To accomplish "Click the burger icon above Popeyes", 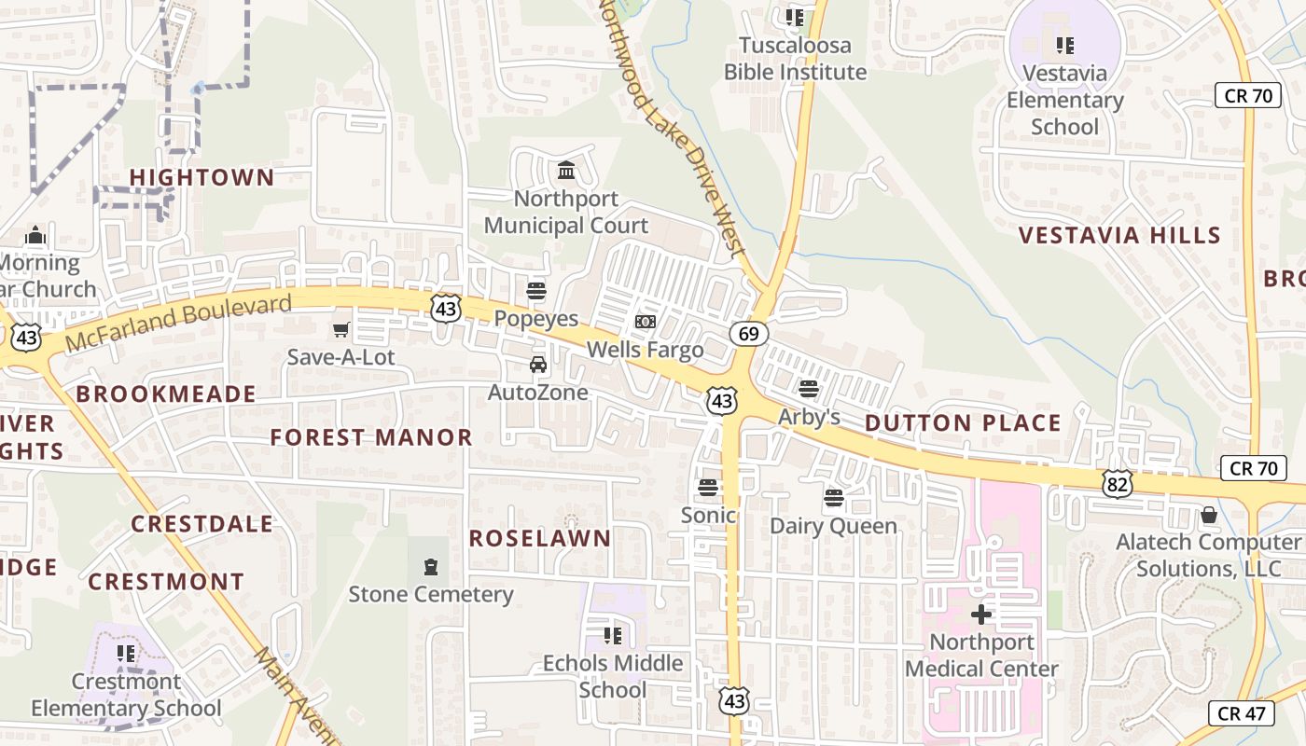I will (536, 290).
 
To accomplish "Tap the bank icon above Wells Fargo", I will (645, 322).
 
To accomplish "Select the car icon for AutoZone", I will (538, 365).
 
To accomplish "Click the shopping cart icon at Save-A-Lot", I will (341, 329).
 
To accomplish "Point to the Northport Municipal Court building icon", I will (566, 171).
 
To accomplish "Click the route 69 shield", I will (749, 333).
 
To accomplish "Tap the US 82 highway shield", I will (1118, 482).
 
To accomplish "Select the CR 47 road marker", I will (1241, 713).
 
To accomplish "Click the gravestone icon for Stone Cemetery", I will (430, 566).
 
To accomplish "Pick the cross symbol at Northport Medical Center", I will (981, 614).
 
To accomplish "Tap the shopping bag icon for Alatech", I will (1209, 515).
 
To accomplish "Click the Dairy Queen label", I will (833, 526).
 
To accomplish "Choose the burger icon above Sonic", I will (708, 487).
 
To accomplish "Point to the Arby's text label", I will (809, 417).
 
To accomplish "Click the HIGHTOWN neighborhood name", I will (201, 177).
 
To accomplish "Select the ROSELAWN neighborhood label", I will (540, 538).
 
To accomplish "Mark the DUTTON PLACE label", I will (963, 423).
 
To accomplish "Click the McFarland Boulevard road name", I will (179, 323).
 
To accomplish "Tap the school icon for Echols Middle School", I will (612, 635).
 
